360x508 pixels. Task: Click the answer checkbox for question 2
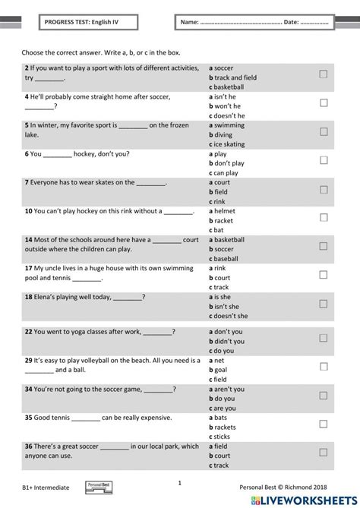(x=324, y=74)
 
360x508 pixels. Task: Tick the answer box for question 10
(x=324, y=217)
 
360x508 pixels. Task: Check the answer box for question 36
(x=324, y=453)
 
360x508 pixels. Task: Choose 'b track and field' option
(x=232, y=77)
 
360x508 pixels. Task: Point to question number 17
(x=28, y=268)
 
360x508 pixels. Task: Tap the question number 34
(x=28, y=389)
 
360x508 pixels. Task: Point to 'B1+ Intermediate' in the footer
(x=46, y=486)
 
